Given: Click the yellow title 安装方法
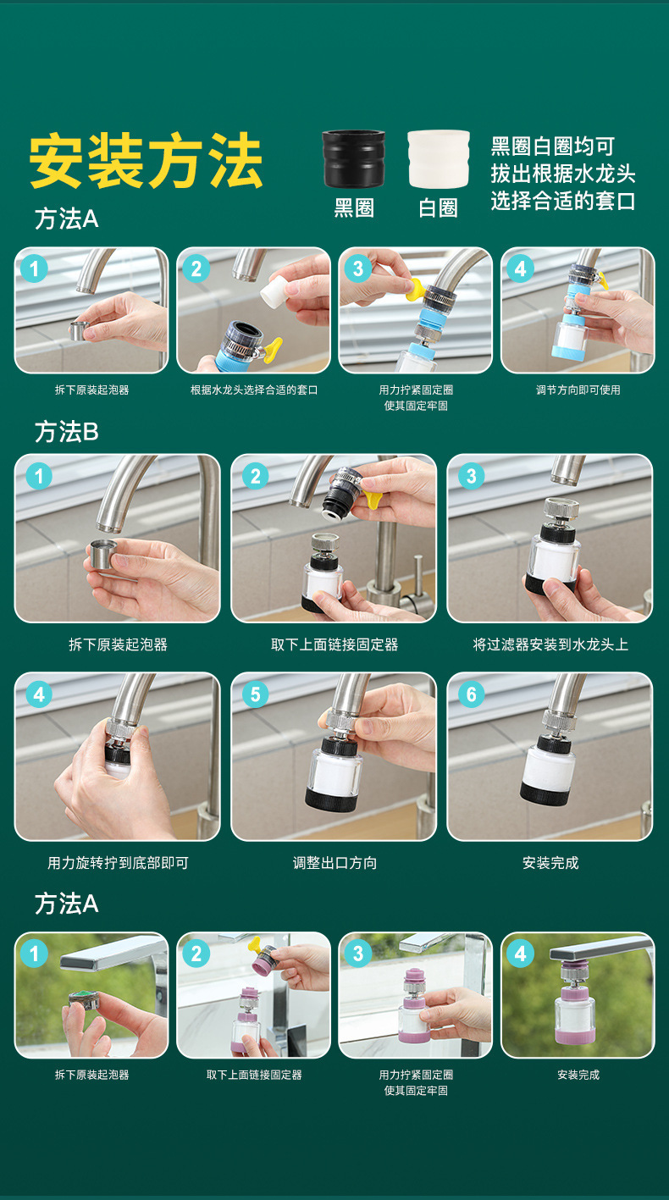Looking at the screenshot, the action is click(146, 161).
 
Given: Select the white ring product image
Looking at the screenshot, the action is click(439, 159).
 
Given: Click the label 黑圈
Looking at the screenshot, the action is click(354, 207).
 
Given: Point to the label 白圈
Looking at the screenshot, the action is click(438, 207).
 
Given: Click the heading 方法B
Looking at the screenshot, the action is click(67, 432).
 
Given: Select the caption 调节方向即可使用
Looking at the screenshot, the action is click(578, 390).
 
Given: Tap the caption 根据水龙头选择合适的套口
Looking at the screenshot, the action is click(254, 390).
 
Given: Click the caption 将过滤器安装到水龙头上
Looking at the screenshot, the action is click(550, 644).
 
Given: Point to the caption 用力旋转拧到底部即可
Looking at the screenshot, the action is click(118, 863).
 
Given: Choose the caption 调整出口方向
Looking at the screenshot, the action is click(334, 863).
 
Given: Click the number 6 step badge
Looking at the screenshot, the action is click(472, 694).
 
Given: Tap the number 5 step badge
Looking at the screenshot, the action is click(256, 694).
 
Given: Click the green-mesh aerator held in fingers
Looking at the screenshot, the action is click(85, 1001).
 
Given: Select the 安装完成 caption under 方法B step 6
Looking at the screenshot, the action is click(550, 863).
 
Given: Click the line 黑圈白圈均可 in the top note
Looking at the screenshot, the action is click(552, 147).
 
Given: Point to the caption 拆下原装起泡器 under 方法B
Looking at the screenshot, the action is click(118, 644).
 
